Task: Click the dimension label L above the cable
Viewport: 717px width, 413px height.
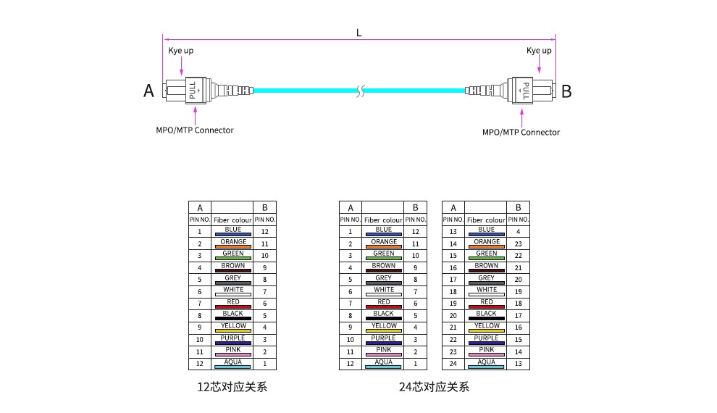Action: tap(359, 33)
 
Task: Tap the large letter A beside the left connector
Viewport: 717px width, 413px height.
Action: tap(148, 91)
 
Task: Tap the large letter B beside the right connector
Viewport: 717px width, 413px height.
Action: tap(566, 91)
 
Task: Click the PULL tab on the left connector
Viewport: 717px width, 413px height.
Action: tap(193, 91)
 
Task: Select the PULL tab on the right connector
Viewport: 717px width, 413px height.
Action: tap(525, 91)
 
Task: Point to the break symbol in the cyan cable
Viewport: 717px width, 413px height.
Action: tap(361, 91)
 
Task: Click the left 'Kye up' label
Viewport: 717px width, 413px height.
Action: tap(180, 51)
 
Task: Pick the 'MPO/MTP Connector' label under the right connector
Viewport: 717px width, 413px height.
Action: tap(521, 132)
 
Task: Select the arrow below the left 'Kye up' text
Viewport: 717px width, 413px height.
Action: tap(182, 66)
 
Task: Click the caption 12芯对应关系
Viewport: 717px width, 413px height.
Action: tap(232, 387)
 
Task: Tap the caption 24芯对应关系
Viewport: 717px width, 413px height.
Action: tap(434, 387)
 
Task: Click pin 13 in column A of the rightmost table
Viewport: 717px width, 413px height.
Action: tap(453, 231)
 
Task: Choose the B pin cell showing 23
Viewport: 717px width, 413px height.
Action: tap(518, 243)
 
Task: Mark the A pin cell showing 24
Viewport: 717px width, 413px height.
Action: tap(453, 364)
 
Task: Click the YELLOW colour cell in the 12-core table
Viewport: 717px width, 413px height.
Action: tap(232, 328)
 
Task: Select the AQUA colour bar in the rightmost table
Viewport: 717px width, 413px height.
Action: tap(486, 367)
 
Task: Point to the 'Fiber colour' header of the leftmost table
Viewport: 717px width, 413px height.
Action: tap(232, 220)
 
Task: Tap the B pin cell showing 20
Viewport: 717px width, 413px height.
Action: tap(518, 280)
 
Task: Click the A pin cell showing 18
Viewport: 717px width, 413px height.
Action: tap(453, 292)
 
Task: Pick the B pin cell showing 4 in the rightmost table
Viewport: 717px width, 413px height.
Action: tap(518, 231)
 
